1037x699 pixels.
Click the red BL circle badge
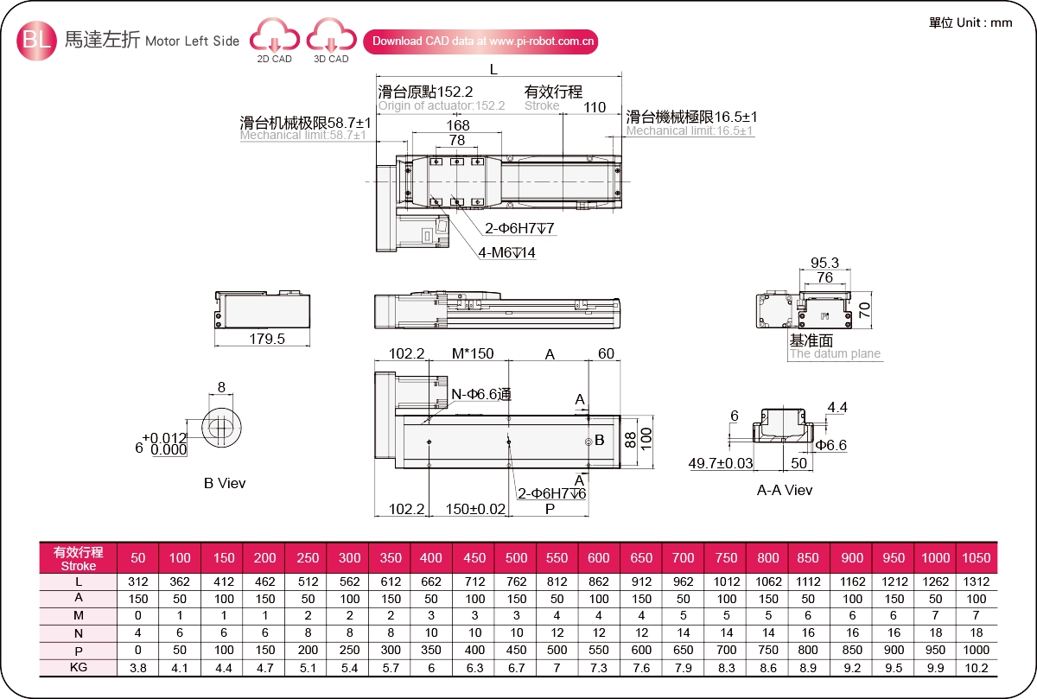(36, 41)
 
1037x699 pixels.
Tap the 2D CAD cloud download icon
(275, 35)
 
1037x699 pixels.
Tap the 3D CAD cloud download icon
(332, 35)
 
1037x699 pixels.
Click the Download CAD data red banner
(480, 41)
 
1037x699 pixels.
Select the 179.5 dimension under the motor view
(267, 339)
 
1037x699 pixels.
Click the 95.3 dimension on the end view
(824, 263)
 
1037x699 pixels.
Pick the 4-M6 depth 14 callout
(507, 252)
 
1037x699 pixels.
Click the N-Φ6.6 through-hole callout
(481, 394)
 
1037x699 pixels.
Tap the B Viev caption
(225, 483)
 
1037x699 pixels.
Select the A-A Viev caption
(785, 490)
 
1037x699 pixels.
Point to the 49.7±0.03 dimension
(721, 463)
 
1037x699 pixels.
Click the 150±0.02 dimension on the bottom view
(475, 509)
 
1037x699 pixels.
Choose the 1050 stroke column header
(977, 557)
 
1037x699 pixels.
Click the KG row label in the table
(79, 667)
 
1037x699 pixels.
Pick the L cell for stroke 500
(516, 581)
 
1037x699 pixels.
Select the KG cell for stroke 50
(138, 668)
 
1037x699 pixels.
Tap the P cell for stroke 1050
(977, 650)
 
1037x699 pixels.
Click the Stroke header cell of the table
(79, 558)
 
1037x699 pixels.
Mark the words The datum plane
(835, 353)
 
